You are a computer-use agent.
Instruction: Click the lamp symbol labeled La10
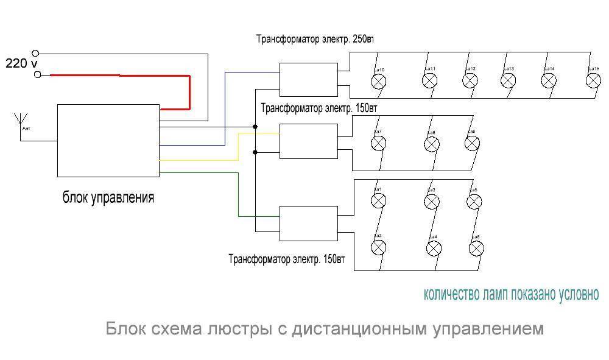coord(379,81)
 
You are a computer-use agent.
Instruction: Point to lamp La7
coord(379,143)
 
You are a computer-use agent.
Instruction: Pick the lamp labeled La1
coord(379,200)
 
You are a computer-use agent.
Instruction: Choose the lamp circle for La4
coord(434,248)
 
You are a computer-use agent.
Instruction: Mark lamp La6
coord(476,248)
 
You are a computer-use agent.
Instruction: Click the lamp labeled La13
coord(509,80)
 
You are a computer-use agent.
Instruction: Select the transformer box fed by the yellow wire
coord(308,141)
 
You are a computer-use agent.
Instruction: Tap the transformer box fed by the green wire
coord(308,224)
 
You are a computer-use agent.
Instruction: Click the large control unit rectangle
coord(108,140)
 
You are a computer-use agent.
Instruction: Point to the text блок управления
coord(108,198)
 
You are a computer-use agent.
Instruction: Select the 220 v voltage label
coord(21,63)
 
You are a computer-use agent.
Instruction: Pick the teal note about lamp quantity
coord(511,295)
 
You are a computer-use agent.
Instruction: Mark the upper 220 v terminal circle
coord(38,53)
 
